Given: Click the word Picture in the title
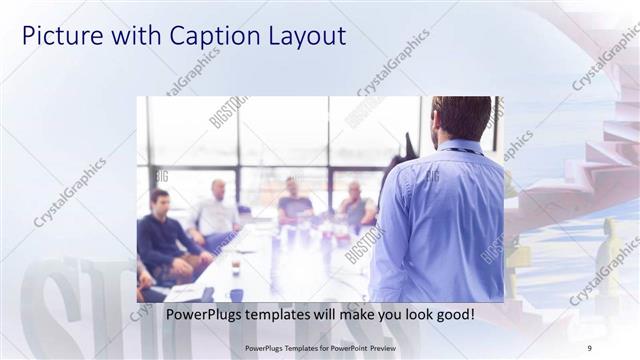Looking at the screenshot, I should pos(56,36).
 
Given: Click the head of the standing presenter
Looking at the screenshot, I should pos(462,118).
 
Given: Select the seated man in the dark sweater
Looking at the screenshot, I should pos(163,240).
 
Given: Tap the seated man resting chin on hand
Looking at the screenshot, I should pos(356,206).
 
